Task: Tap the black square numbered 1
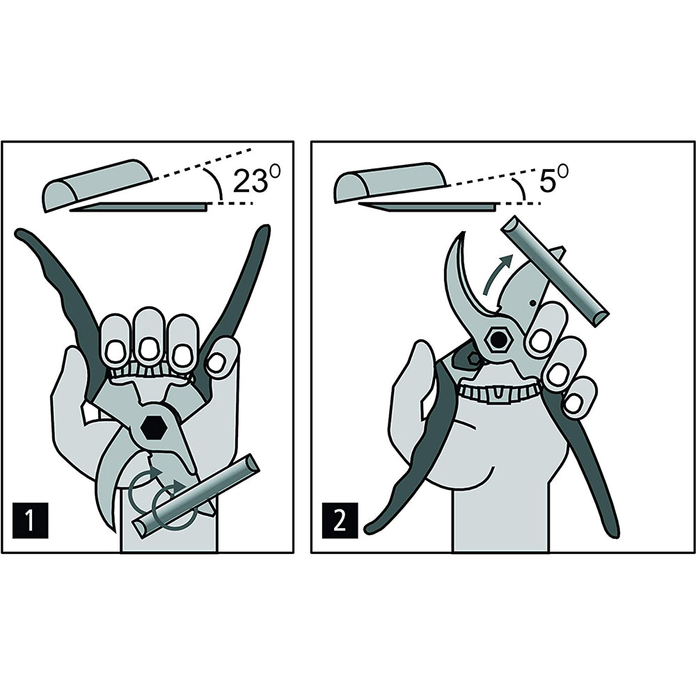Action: click(30, 520)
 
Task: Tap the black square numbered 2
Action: click(340, 520)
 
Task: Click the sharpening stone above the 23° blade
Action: click(97, 184)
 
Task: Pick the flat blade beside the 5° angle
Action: click(428, 206)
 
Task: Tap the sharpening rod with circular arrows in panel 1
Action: click(196, 496)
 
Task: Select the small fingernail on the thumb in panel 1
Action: click(216, 363)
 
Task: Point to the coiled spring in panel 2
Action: click(500, 393)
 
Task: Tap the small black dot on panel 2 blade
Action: click(533, 303)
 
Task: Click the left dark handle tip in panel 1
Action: click(20, 233)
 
